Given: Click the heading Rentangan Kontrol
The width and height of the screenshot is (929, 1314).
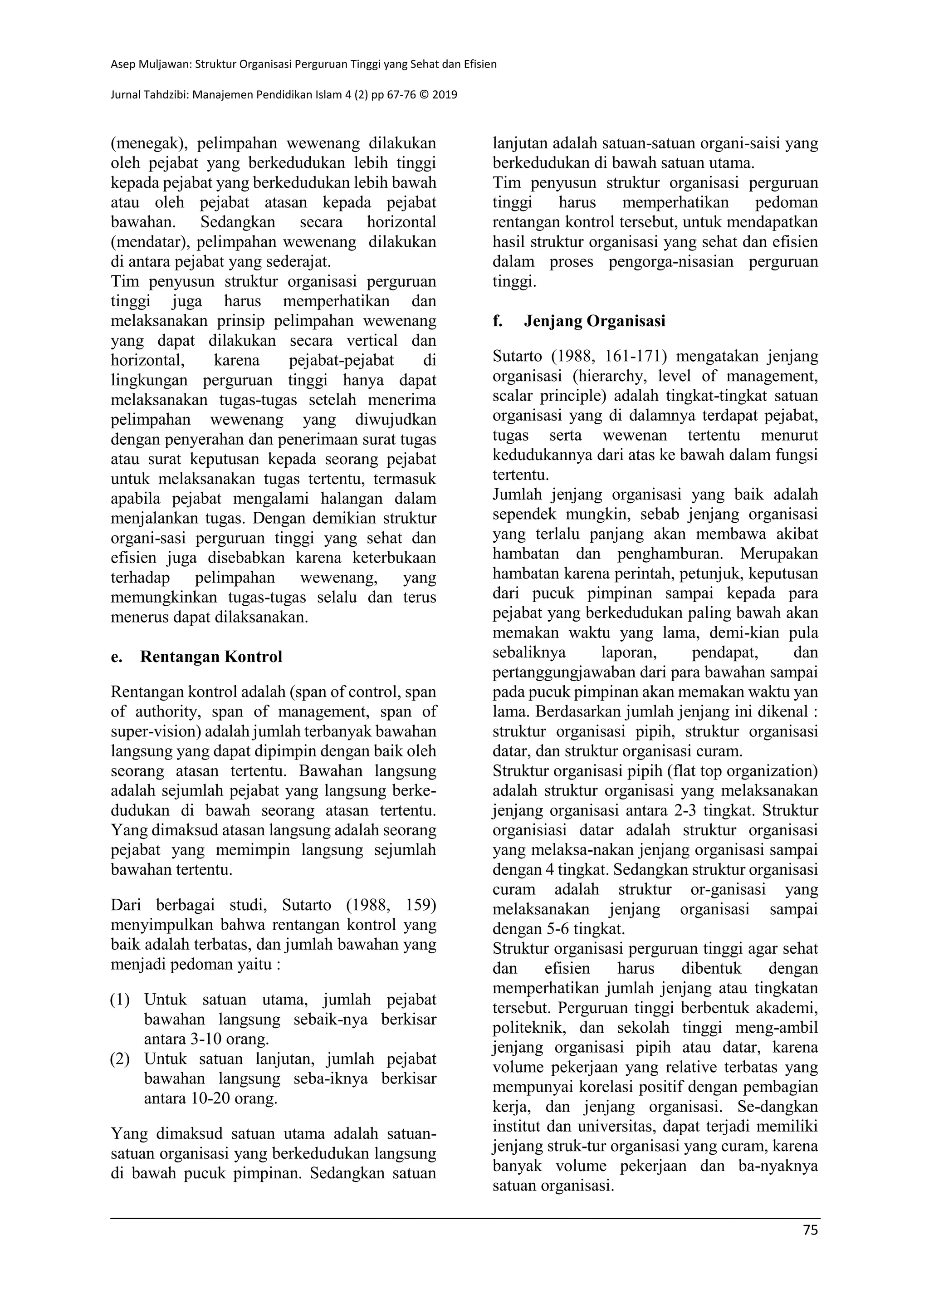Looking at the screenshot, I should (x=211, y=657).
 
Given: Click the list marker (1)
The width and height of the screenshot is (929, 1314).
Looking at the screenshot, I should (x=120, y=1000).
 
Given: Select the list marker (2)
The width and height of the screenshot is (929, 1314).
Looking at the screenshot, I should (x=120, y=1059).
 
